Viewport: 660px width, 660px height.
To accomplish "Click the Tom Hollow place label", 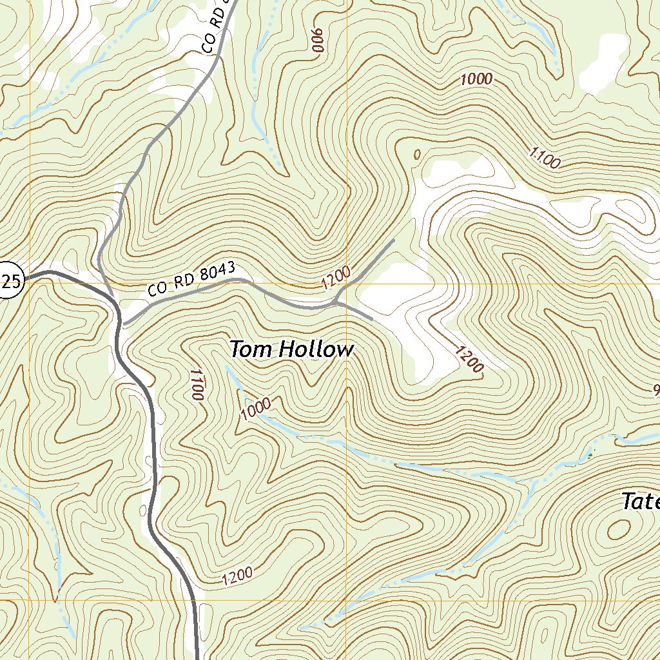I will coord(291,350).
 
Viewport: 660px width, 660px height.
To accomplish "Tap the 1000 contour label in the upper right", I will coord(476,79).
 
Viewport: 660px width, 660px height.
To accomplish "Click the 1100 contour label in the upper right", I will coord(544,157).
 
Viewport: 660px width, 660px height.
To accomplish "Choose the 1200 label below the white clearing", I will coord(469,359).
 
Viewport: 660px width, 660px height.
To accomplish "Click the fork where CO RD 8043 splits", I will coord(335,302).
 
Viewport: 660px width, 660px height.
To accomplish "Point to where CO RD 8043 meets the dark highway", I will coord(122,322).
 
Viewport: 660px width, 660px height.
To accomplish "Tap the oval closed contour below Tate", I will coord(619,530).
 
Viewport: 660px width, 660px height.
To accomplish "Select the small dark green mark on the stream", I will coord(590,456).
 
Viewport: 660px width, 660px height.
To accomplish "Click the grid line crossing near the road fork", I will coord(347,284).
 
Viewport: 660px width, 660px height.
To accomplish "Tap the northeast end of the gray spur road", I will coord(393,241).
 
